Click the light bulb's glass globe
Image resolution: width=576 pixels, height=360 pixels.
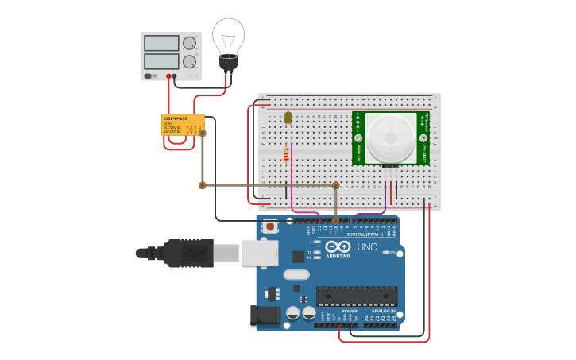click(x=228, y=35)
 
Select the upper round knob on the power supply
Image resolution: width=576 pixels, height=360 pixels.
click(x=189, y=44)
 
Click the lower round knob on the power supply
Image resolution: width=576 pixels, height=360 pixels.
click(x=189, y=61)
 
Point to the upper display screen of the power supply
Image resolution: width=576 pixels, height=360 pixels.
click(x=162, y=44)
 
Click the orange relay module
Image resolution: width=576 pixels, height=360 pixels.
click(x=183, y=125)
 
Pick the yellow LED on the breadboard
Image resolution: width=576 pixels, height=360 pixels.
click(x=288, y=118)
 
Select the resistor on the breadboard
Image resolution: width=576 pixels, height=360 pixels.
click(x=286, y=154)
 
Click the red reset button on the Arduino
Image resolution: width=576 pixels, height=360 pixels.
click(x=270, y=226)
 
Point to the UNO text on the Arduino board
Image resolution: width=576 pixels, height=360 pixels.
click(x=367, y=248)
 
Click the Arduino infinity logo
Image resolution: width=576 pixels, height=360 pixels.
click(x=338, y=247)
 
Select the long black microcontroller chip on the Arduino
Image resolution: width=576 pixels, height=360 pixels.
click(x=357, y=296)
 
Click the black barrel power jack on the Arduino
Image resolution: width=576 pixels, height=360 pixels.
click(x=265, y=315)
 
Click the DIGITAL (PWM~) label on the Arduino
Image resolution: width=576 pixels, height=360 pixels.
click(x=365, y=234)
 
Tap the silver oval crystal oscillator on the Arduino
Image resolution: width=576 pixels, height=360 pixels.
click(x=295, y=275)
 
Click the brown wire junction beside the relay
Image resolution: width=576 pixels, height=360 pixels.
click(x=202, y=133)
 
